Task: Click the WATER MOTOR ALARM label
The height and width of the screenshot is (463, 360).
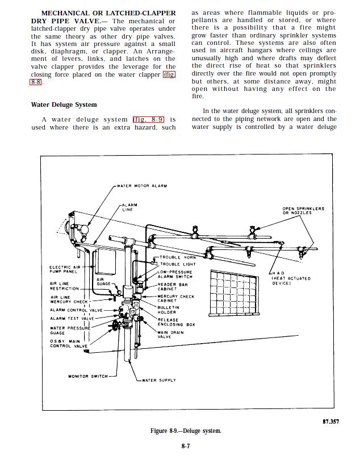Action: (141, 186)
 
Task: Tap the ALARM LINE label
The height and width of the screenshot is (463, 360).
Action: (130, 207)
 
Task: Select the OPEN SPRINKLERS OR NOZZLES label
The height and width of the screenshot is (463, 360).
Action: (303, 211)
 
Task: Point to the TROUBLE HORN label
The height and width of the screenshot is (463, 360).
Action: (178, 257)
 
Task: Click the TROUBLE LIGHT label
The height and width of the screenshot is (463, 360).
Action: (178, 264)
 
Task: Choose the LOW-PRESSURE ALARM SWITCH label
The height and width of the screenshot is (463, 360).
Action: (175, 274)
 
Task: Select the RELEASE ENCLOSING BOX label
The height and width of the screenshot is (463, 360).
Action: (176, 322)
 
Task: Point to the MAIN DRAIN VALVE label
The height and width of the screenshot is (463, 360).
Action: (170, 335)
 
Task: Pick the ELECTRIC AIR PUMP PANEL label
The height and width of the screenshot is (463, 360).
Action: (65, 269)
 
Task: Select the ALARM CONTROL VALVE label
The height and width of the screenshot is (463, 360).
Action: (76, 310)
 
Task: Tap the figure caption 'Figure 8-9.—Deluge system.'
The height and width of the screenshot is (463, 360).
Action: (186, 431)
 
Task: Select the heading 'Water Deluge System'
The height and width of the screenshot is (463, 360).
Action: (64, 105)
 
